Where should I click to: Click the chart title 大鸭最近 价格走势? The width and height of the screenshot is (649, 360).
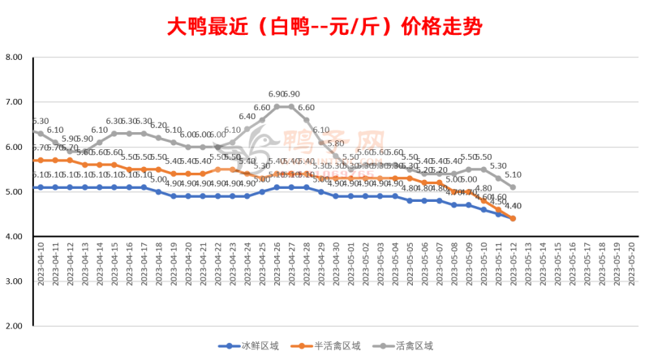[324, 26]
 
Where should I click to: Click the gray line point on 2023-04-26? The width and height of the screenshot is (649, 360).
[277, 106]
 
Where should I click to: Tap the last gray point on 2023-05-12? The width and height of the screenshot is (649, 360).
[513, 187]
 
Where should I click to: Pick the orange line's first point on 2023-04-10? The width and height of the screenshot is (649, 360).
[41, 161]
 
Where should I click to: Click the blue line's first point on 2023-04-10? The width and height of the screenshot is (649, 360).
[41, 187]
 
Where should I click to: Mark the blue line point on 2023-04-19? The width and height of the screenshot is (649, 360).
[174, 196]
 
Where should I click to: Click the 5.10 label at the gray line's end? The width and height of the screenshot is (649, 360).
[514, 174]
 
